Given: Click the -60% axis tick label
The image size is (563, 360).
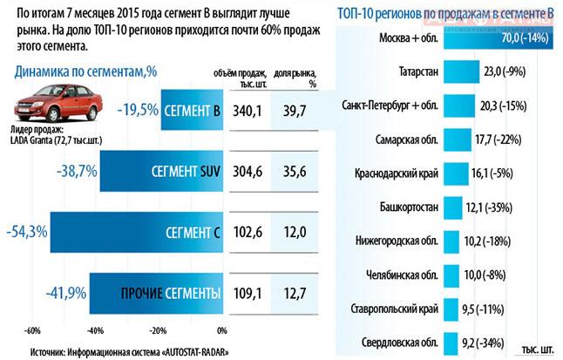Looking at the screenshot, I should [33, 331].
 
